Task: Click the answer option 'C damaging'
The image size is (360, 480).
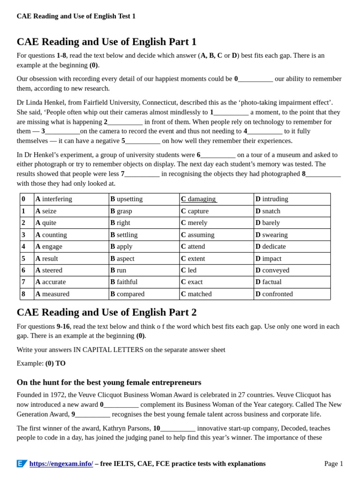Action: click(198, 199)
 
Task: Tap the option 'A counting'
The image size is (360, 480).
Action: click(51, 235)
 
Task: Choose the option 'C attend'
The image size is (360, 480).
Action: click(193, 247)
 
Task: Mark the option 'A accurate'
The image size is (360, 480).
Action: click(51, 282)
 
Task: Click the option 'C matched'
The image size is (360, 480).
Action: click(196, 294)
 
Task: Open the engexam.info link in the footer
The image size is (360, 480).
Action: click(61, 464)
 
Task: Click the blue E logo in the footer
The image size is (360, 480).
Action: click(22, 464)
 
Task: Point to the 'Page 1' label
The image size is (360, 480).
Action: click(333, 464)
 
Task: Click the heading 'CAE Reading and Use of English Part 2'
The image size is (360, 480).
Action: click(106, 313)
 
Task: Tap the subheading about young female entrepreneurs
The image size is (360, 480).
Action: click(109, 382)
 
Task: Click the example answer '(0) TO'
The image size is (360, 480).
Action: click(55, 363)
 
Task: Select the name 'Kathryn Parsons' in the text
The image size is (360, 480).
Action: click(127, 428)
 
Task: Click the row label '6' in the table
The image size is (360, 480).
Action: click(23, 270)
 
